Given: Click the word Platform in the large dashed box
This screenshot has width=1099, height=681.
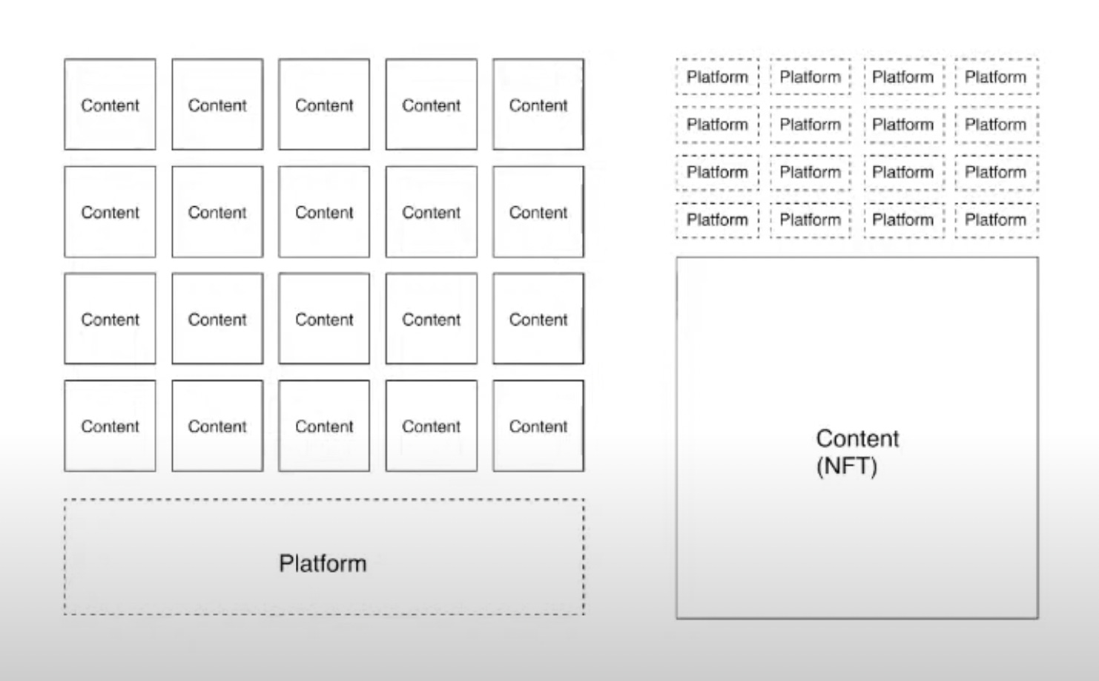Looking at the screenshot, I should (323, 563).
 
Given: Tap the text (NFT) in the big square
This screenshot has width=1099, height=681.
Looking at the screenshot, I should (847, 467).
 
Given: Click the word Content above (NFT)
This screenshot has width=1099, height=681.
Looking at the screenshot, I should (857, 438).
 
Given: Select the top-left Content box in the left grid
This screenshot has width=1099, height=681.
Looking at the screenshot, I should (110, 105).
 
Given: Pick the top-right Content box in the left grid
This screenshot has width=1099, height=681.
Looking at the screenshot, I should (538, 105).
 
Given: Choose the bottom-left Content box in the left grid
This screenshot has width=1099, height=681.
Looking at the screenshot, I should (110, 426).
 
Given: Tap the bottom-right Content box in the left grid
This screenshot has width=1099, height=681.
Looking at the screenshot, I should (538, 426).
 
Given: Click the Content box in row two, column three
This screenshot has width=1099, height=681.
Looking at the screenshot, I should (324, 212).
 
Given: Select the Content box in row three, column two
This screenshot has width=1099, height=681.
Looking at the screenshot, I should (217, 319).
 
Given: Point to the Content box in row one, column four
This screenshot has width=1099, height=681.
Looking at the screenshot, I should (432, 105).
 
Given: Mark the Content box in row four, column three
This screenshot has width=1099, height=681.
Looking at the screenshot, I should (324, 426).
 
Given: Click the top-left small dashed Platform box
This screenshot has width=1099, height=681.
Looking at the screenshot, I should (717, 76).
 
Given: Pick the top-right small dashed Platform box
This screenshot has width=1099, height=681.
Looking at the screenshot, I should (996, 76).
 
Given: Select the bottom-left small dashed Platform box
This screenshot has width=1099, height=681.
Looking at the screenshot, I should (717, 220).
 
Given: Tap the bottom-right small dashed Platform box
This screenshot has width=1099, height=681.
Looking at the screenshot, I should (996, 220).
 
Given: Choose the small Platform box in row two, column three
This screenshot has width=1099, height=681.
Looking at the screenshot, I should (903, 125).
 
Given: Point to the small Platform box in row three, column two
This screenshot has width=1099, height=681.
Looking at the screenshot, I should (811, 172).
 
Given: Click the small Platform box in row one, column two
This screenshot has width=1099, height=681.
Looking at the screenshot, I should (811, 76).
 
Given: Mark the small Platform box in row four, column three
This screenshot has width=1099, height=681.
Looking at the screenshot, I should (903, 220).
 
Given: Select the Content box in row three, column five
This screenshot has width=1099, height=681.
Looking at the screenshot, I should (538, 319).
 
